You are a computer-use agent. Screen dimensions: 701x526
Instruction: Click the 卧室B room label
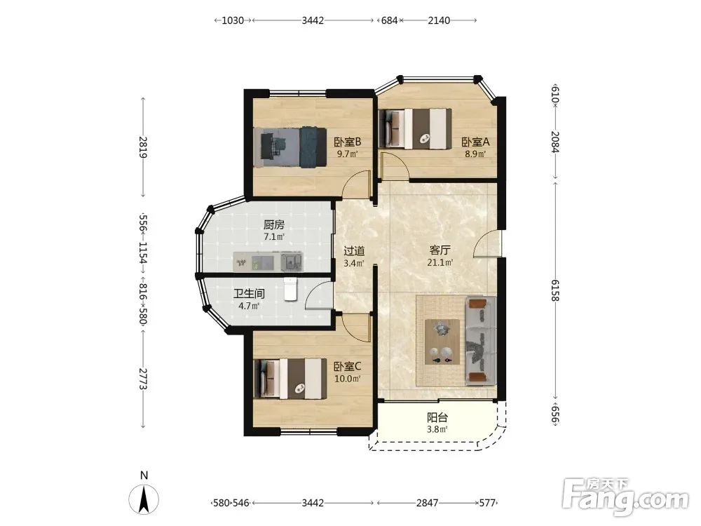point(348,142)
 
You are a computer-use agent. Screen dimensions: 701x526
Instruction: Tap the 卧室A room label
point(476,142)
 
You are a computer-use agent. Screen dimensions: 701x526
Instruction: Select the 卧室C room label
point(348,367)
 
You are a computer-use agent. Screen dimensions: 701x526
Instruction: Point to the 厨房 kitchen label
point(273,224)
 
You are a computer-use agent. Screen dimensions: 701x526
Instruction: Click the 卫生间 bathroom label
point(249,294)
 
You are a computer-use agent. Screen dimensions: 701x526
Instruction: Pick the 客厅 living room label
point(440,250)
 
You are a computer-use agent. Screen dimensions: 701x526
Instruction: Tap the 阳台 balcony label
point(437,418)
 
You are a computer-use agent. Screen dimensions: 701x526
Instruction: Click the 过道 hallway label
point(354,251)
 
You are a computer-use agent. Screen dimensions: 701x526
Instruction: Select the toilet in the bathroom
point(291,289)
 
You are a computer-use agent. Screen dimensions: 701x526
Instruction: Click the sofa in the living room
point(481,340)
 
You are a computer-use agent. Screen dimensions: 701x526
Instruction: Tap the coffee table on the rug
point(442,342)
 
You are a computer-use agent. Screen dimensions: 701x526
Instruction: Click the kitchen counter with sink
point(268,262)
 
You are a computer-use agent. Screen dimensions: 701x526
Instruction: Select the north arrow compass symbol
point(144,499)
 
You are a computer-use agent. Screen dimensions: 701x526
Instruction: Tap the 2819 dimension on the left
point(143,147)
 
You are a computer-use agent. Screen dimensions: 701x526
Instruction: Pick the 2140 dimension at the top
point(439,20)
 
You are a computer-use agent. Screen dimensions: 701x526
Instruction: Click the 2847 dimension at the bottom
point(428,503)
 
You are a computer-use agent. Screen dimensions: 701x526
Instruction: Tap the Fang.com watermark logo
point(625,495)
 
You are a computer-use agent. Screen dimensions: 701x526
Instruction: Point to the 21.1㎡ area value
point(440,262)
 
